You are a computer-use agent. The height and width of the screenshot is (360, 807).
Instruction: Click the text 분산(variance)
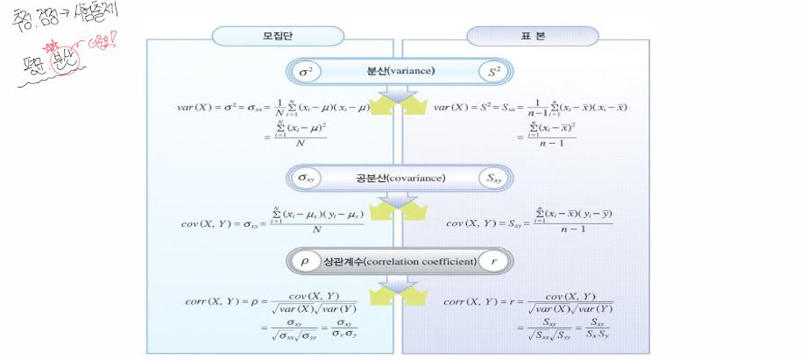point(400,71)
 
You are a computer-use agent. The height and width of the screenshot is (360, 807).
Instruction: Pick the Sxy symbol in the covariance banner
point(493,178)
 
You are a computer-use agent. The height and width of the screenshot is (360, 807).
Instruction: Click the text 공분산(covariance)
point(400,178)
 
